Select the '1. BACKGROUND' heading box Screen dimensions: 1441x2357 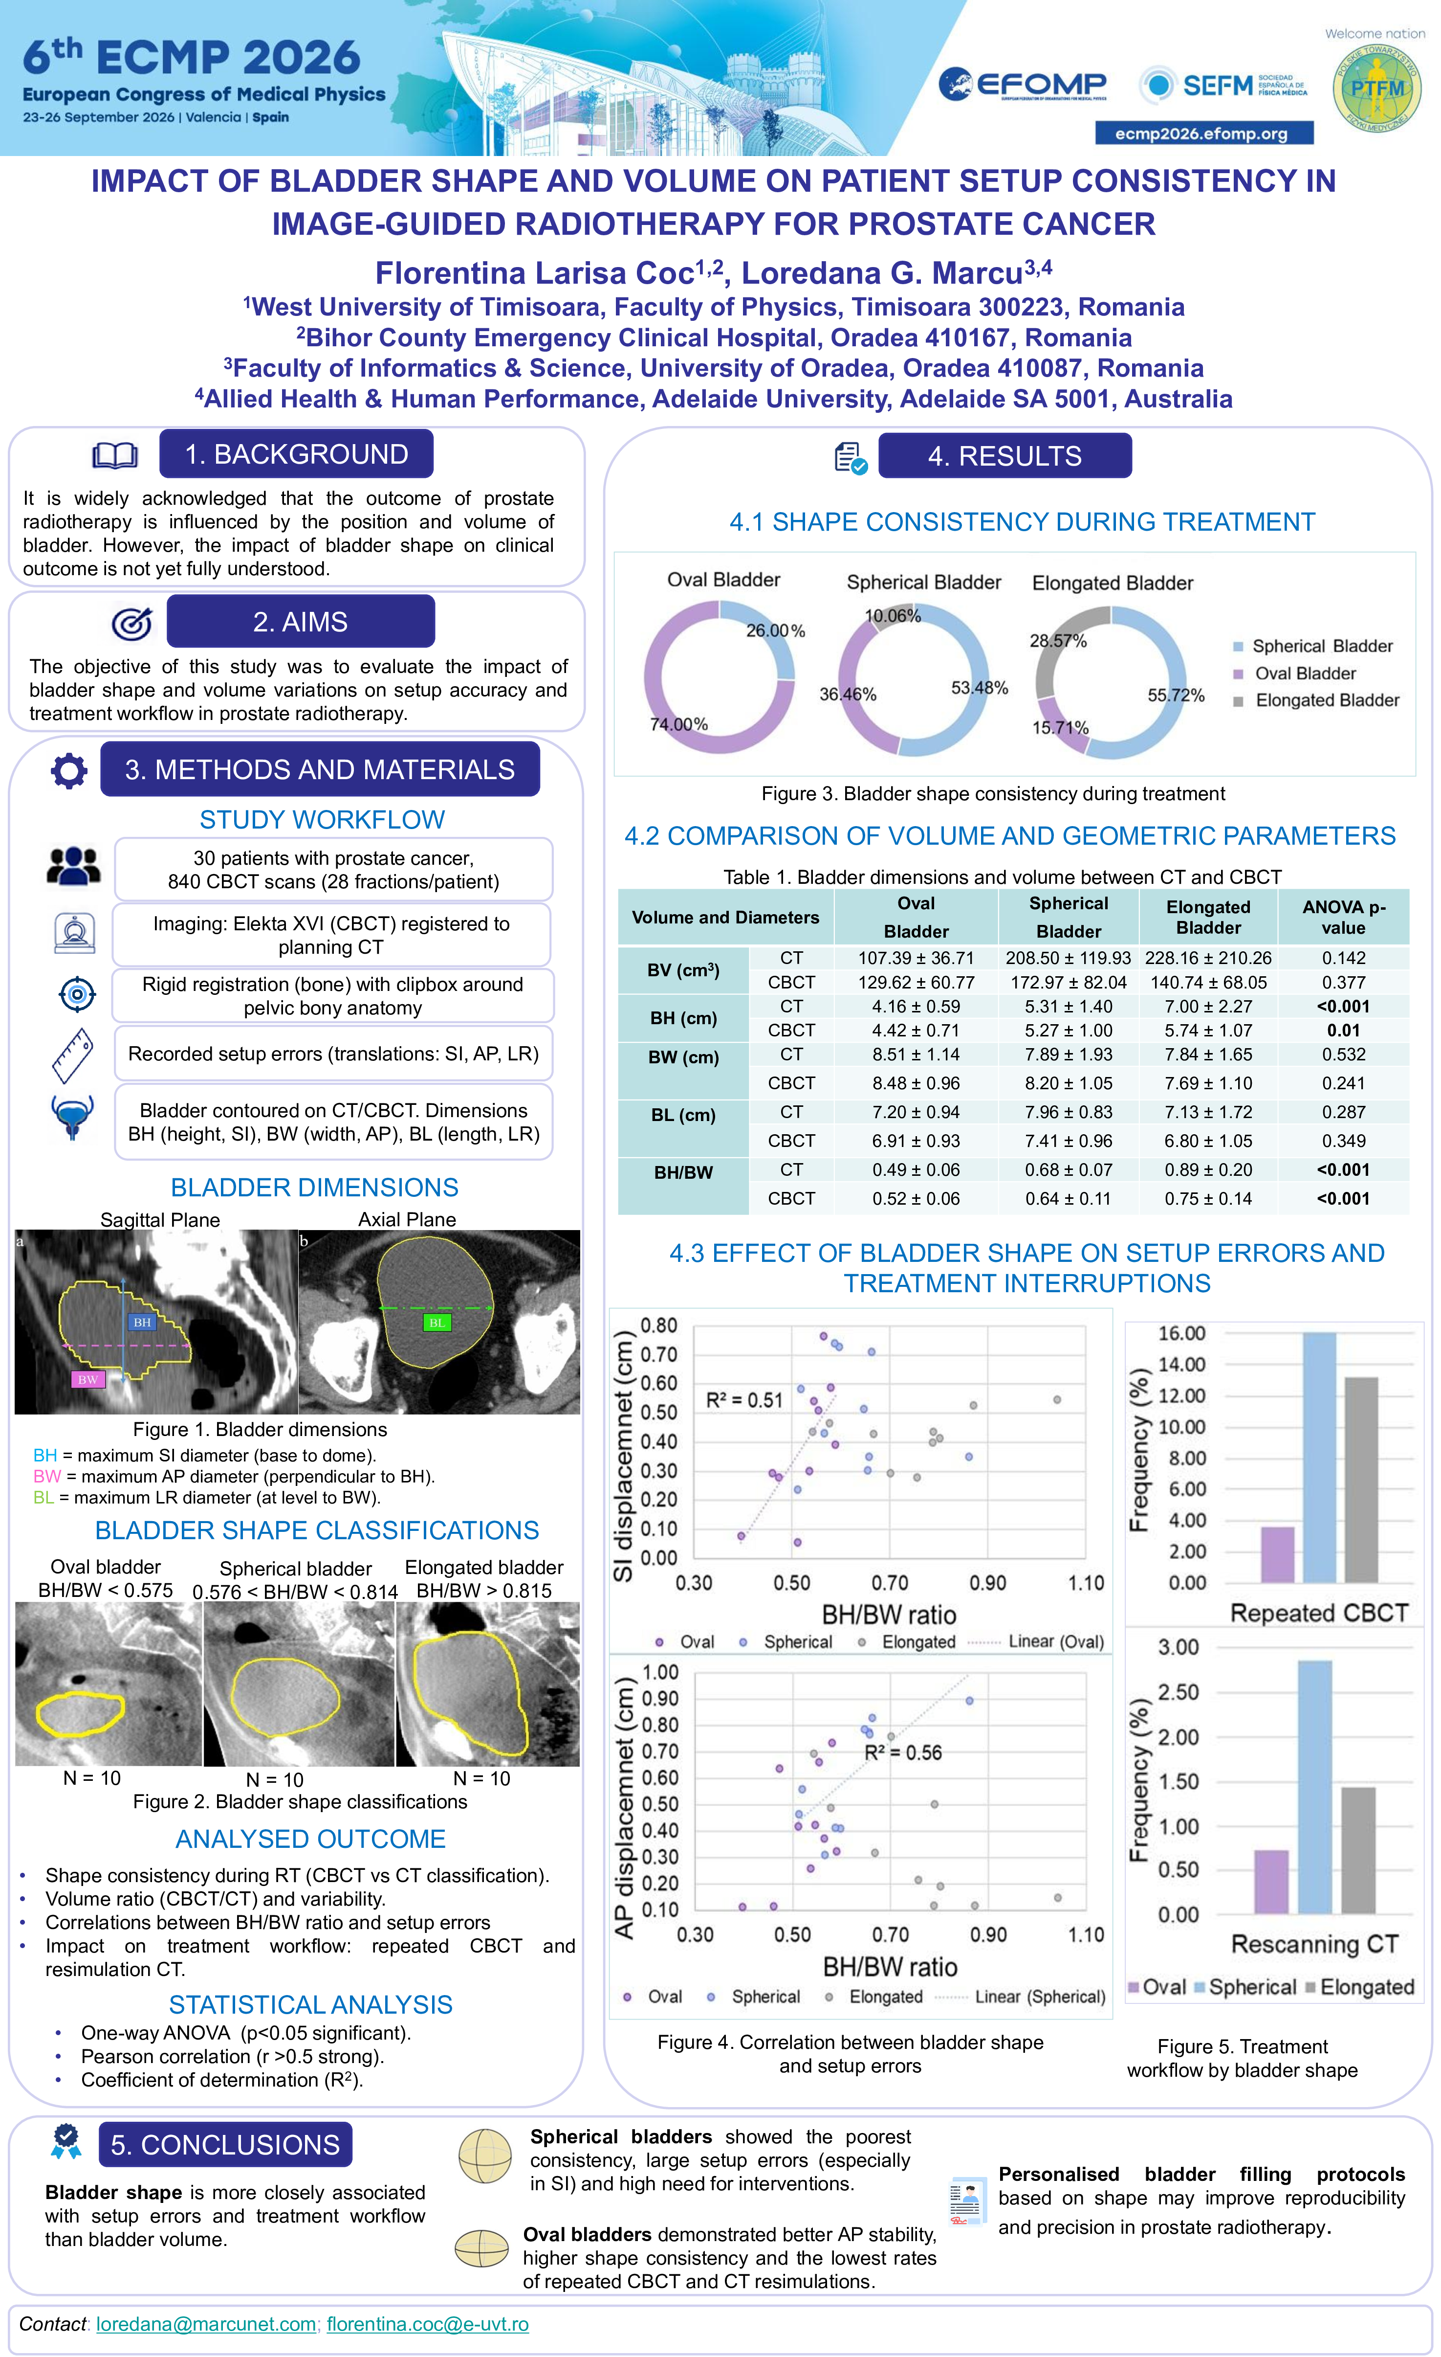coord(296,454)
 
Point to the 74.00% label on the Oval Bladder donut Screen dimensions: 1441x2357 coord(679,724)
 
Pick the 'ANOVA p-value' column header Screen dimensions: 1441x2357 coord(1343,918)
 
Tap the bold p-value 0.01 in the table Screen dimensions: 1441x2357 coord(1343,1030)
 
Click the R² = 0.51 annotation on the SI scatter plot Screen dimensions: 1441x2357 coord(744,1400)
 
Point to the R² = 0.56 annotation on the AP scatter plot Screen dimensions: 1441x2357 coord(903,1752)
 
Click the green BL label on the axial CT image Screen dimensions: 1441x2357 coord(436,1322)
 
